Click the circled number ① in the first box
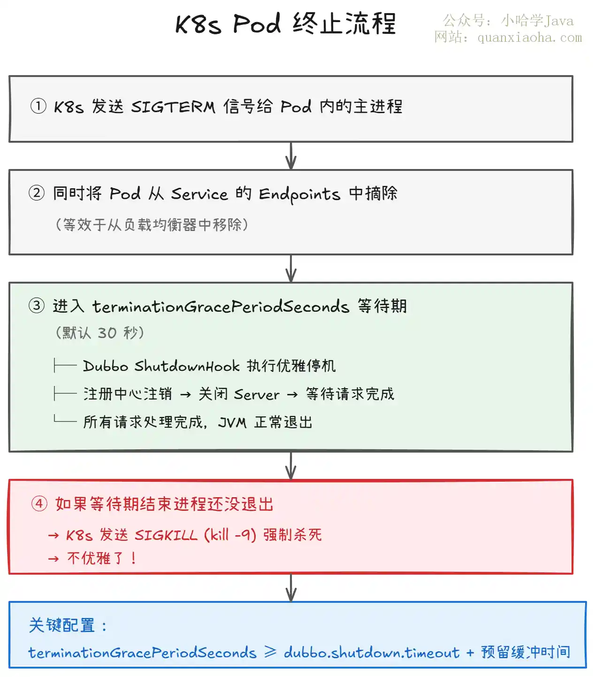(x=38, y=106)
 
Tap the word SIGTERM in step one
(x=173, y=107)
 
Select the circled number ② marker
(x=37, y=193)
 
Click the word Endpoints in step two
(x=299, y=194)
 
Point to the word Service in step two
(x=199, y=194)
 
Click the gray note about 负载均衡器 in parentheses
(x=152, y=224)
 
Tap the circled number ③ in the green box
(x=37, y=306)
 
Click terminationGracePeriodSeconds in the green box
(x=221, y=306)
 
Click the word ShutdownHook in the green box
(x=187, y=366)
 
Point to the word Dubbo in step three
(x=106, y=366)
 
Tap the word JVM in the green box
(x=232, y=423)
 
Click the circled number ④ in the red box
(x=39, y=503)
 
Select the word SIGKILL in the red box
(x=166, y=536)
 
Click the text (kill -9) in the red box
(x=230, y=535)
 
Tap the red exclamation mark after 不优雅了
(x=134, y=558)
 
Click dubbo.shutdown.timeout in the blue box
(x=372, y=652)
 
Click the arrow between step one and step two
(x=291, y=156)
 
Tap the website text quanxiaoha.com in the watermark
(x=530, y=37)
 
